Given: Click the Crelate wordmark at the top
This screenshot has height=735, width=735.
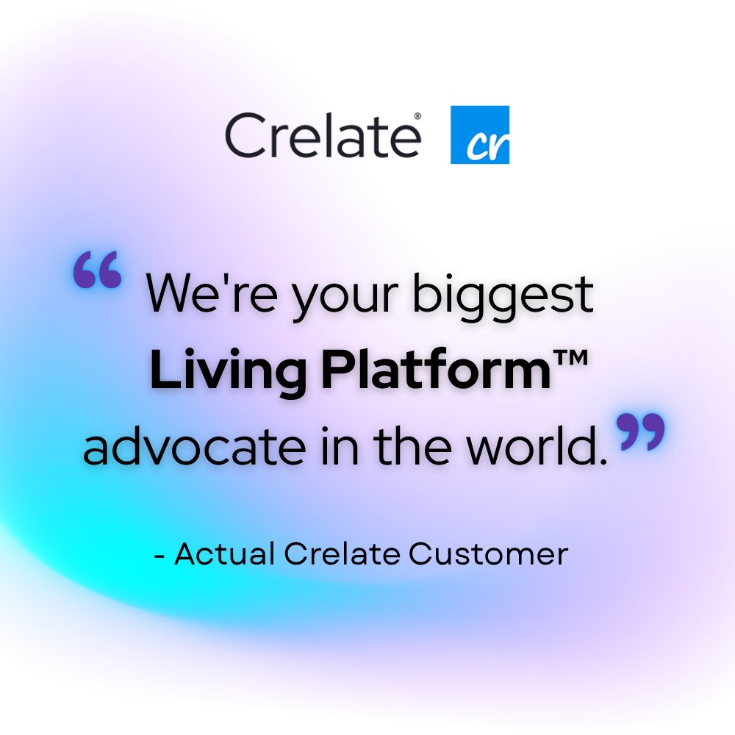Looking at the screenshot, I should (322, 135).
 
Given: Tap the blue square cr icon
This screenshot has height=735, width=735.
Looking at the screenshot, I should (479, 135).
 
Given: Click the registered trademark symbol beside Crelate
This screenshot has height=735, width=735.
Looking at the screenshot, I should (417, 116).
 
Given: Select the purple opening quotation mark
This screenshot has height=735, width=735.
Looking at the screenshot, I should (97, 270).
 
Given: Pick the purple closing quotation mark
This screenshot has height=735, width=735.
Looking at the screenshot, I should (641, 431).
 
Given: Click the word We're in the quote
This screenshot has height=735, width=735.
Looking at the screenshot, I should (192, 293).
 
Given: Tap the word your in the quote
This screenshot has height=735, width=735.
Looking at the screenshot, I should (318, 298).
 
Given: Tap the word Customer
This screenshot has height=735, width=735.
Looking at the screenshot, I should (489, 553).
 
